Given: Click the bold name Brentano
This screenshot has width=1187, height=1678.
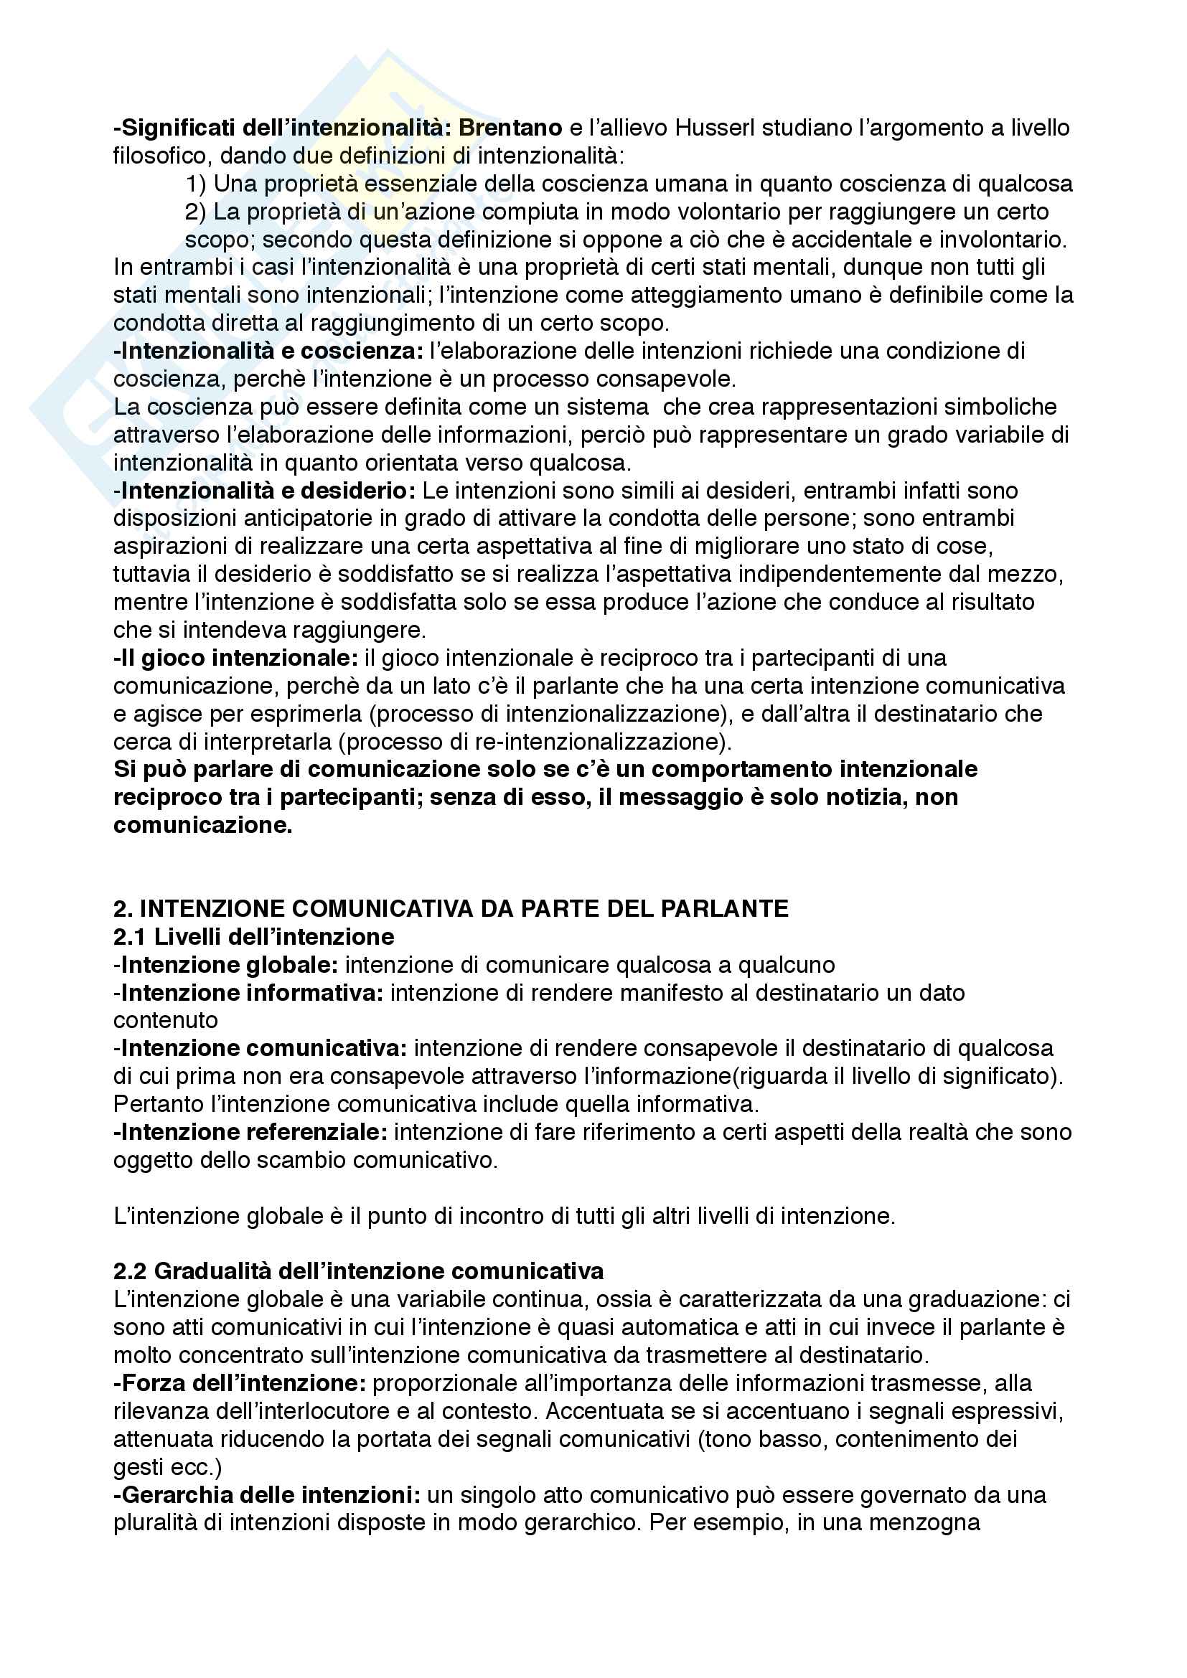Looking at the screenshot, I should [510, 128].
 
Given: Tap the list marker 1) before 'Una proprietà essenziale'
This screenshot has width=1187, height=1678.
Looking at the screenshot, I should [195, 184].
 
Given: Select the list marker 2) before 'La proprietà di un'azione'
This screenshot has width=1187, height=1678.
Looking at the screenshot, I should [195, 212].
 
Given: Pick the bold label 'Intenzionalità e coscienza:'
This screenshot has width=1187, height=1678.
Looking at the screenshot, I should [268, 352].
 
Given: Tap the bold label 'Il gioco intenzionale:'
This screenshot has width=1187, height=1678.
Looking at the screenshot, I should [235, 659].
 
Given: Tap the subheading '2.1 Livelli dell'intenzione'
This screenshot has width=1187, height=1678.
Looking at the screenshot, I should [253, 937].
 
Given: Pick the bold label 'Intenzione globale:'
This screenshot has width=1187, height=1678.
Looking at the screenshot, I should [226, 966].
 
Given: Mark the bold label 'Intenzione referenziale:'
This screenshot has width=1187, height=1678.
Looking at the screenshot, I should [250, 1132].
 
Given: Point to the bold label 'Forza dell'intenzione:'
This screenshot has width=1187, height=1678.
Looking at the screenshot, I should [240, 1383].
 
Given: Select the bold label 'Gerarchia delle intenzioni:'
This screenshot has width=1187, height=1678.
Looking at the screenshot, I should [267, 1495].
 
